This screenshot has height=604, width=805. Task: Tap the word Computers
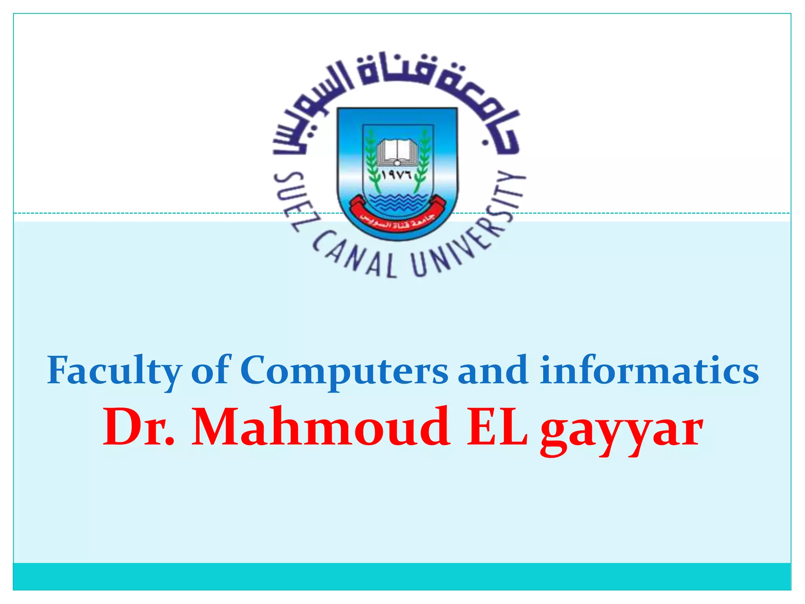[x=344, y=371]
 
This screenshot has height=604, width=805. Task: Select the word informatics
[x=649, y=371]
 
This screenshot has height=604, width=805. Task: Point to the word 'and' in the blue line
[x=493, y=371]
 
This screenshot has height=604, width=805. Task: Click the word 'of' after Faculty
[x=210, y=371]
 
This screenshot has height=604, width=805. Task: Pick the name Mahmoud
[x=321, y=427]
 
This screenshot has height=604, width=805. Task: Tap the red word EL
[x=497, y=427]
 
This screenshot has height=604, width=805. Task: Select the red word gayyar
[x=621, y=431]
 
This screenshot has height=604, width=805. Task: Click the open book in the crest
[x=397, y=152]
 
